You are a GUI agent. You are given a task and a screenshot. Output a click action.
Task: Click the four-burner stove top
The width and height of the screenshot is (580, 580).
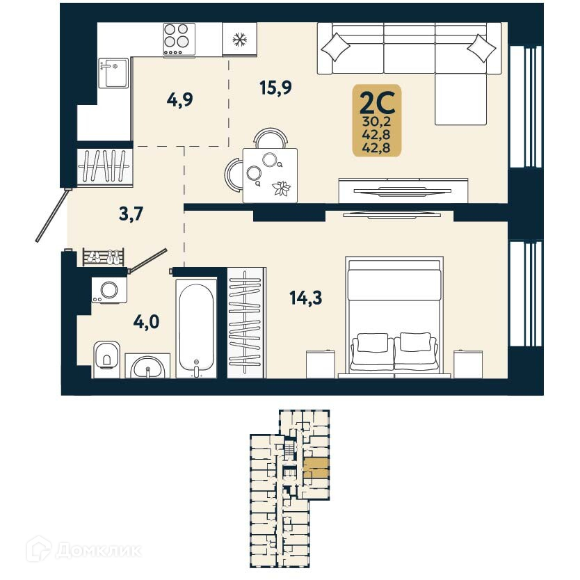pos(179,39)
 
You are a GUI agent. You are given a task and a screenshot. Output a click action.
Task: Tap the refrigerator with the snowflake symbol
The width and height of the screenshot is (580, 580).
pos(239,39)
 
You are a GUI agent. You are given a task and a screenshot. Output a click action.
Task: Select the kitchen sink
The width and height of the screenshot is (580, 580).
pos(113,72)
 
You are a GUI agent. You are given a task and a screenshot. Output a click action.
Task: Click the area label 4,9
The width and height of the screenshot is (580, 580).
pos(179,99)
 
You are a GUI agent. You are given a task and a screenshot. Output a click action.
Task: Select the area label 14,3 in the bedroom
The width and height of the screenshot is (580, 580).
pos(305,298)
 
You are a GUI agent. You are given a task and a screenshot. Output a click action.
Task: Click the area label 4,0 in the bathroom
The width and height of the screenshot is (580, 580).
pos(146,322)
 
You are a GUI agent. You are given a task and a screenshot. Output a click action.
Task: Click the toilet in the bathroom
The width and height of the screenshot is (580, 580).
pos(106,357)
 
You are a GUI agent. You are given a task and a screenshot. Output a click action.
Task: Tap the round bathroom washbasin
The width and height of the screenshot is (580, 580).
pos(147,366)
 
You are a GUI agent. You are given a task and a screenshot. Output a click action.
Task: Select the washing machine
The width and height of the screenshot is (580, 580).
pos(109,289)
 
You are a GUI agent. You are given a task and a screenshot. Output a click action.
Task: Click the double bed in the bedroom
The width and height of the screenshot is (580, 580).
pos(394,316)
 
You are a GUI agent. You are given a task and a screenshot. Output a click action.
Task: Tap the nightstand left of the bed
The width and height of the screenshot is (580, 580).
pos(320,364)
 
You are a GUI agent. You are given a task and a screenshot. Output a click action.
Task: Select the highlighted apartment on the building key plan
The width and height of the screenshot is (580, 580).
pos(316,468)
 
